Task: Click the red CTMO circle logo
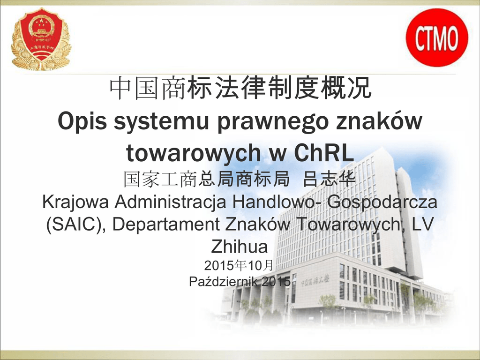tap(437, 37)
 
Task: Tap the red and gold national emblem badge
tap(41, 39)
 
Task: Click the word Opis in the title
tap(82, 121)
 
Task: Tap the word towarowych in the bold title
tap(194, 153)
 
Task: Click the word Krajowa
tap(75, 202)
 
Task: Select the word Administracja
tap(170, 202)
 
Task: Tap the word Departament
tap(165, 224)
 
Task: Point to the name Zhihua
tap(240, 247)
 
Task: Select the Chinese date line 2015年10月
tap(239, 265)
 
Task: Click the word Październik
tap(223, 282)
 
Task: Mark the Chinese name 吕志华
tap(330, 179)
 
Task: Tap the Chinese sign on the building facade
tap(315, 280)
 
